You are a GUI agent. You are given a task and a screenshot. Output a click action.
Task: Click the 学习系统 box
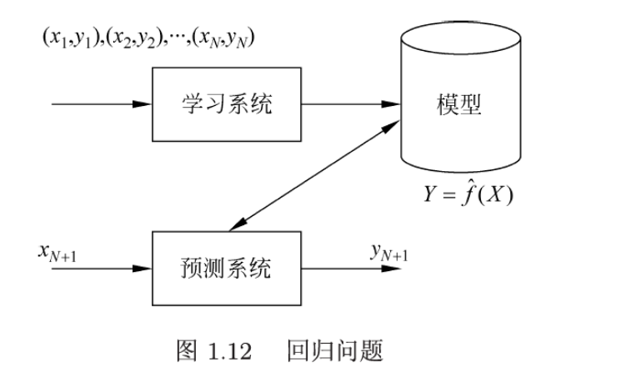point(226,105)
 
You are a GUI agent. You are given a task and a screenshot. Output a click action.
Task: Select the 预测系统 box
point(226,269)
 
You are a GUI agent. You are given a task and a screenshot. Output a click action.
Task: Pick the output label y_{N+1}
point(389,251)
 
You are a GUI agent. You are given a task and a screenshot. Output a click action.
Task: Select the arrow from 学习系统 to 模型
point(350,105)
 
